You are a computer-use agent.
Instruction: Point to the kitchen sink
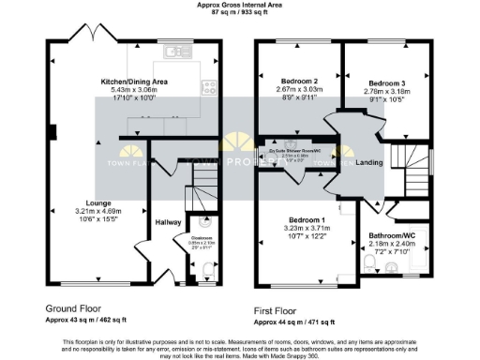coord(174,52)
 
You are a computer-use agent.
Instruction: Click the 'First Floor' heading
coord(278,307)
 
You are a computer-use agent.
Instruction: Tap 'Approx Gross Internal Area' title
coord(241,6)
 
